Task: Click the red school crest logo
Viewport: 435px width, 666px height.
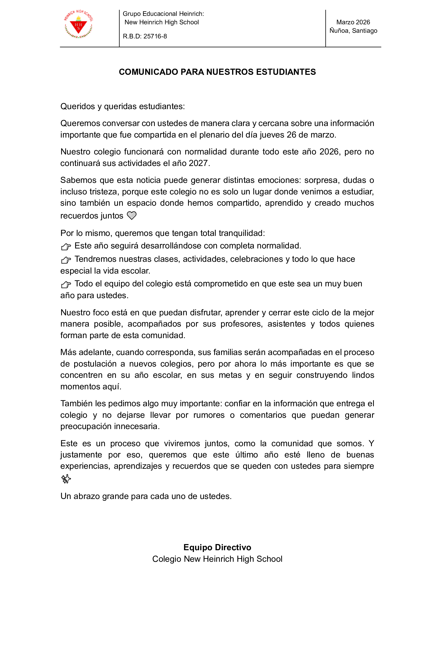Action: click(x=78, y=25)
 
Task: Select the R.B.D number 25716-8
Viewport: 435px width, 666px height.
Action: click(x=155, y=36)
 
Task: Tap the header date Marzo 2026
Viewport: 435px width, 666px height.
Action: click(x=353, y=22)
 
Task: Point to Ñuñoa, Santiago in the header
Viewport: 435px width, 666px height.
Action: click(x=353, y=30)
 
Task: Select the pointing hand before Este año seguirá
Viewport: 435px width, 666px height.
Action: click(x=66, y=246)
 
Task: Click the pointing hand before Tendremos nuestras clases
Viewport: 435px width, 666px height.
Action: click(x=66, y=260)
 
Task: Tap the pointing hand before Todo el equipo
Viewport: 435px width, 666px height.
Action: click(x=66, y=285)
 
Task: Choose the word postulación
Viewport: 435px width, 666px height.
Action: click(x=95, y=364)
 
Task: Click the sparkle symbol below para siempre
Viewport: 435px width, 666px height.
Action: click(x=66, y=479)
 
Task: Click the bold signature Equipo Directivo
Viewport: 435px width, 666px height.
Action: click(x=217, y=547)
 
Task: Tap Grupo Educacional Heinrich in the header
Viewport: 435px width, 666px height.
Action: click(x=163, y=14)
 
